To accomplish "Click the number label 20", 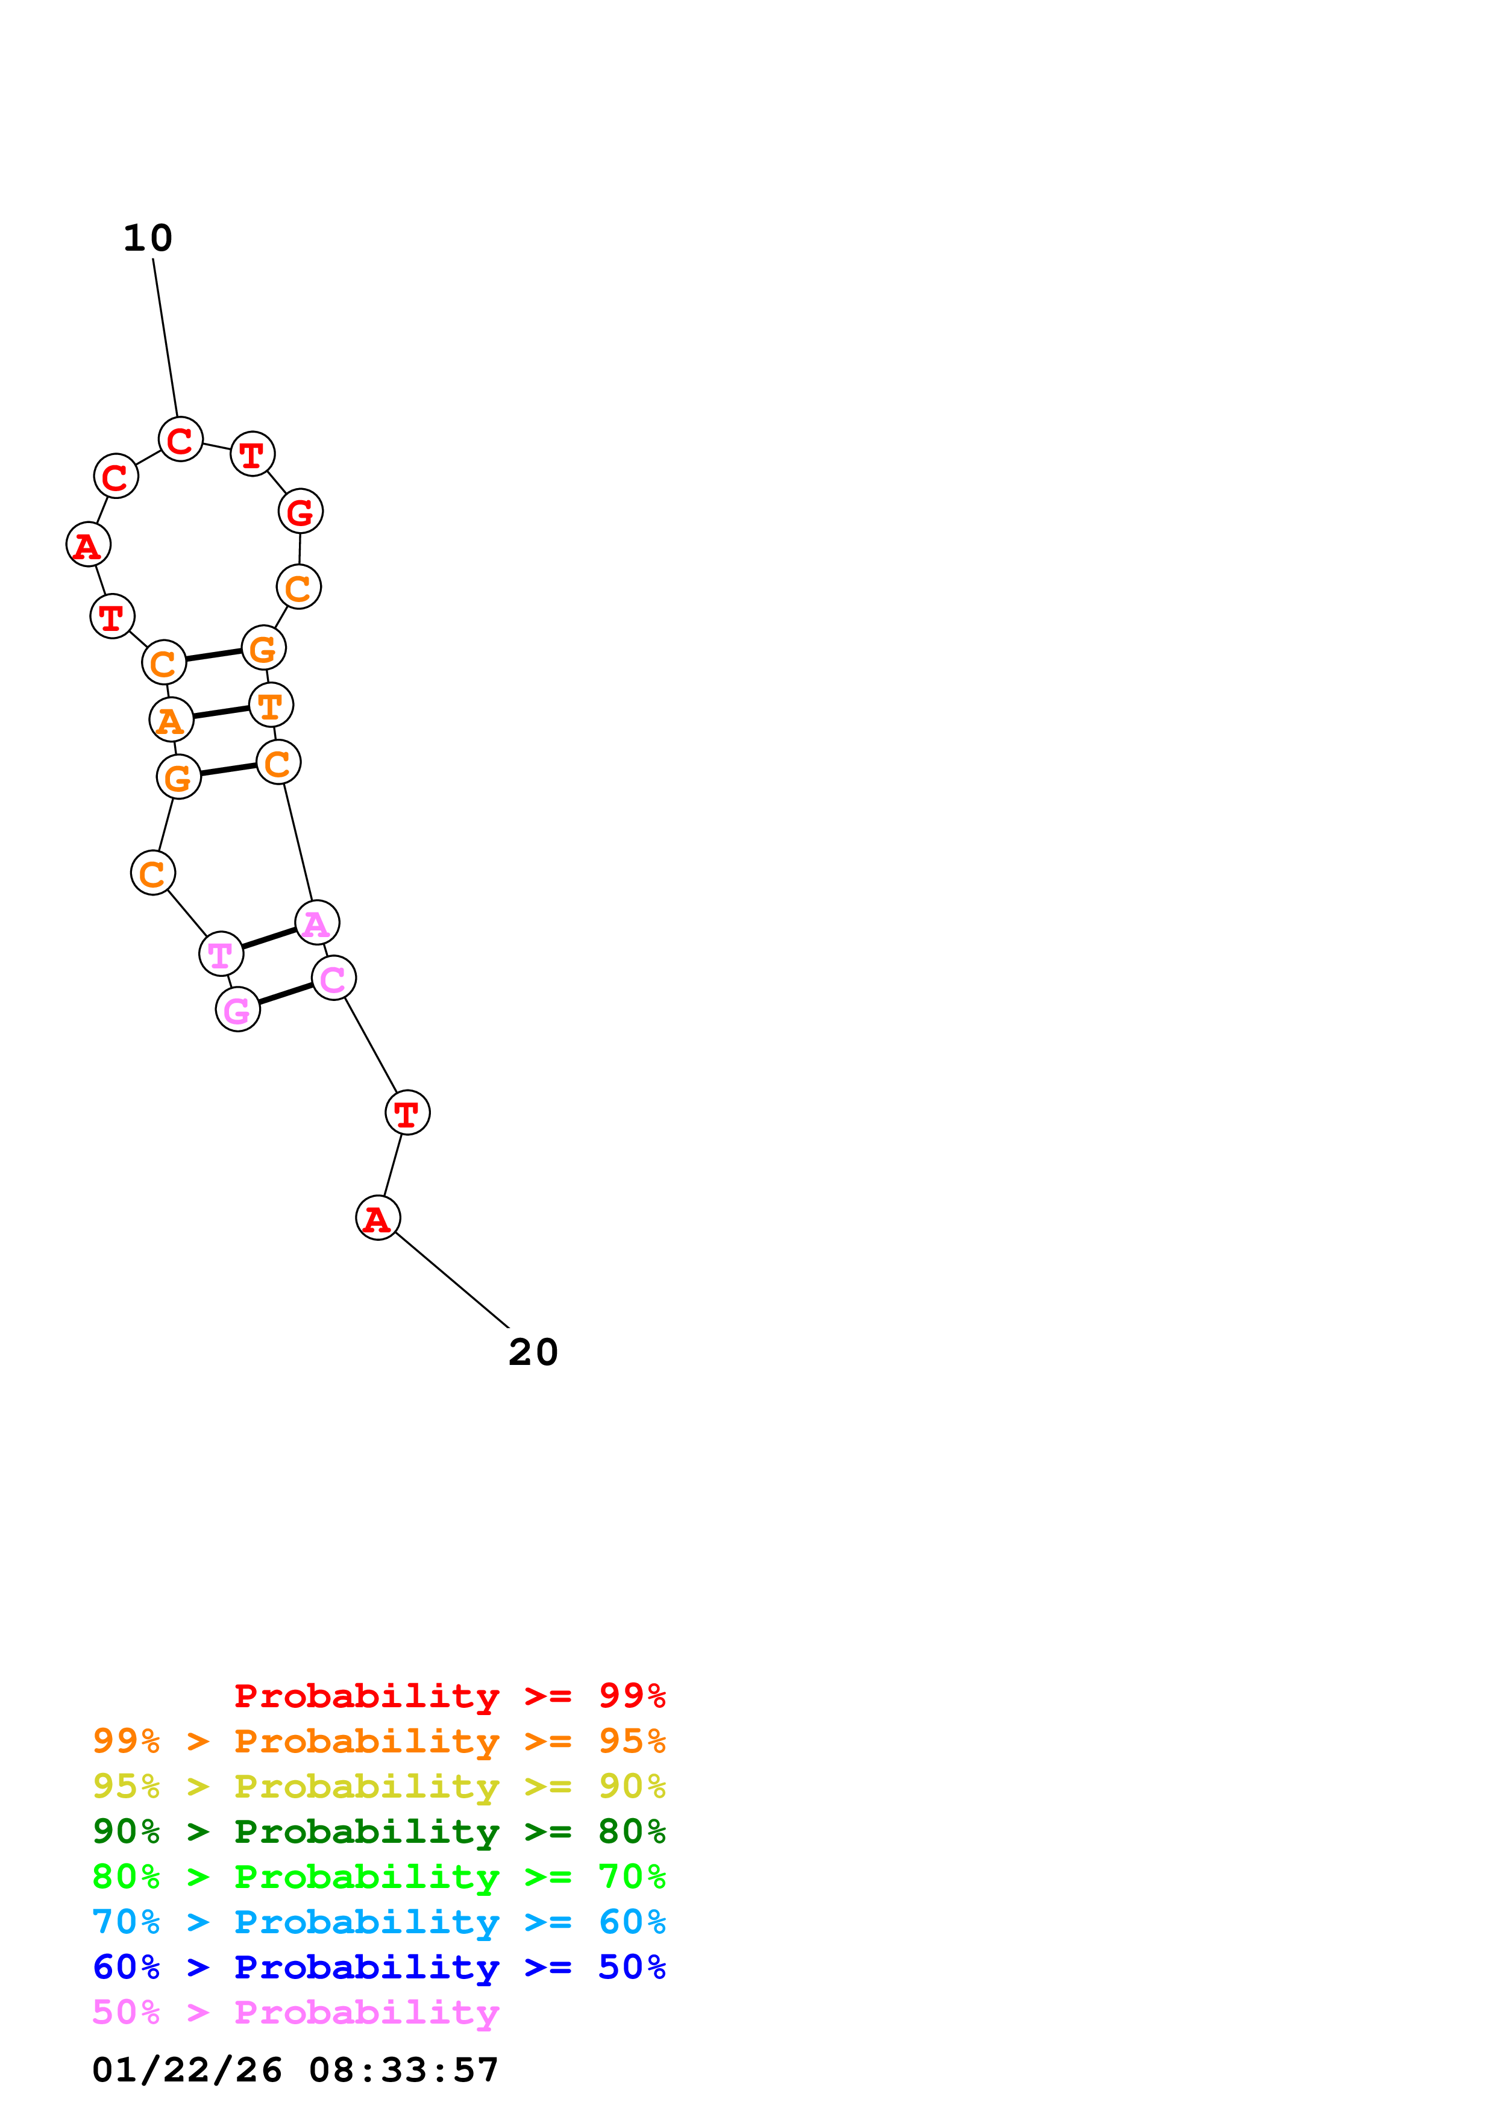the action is (533, 1352).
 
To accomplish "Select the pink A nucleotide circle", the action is (316, 923).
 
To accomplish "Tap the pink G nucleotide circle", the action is (237, 1010).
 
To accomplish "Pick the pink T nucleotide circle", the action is (221, 954).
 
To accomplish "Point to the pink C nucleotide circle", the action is (333, 978).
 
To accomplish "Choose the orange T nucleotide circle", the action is (271, 705).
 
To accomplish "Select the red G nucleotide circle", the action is (300, 511).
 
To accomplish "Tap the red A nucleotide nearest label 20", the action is (377, 1218).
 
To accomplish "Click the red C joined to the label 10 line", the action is (180, 439).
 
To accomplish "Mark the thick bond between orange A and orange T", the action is (221, 713).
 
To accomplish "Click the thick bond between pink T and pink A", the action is (269, 938).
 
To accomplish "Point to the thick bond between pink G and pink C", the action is (285, 994).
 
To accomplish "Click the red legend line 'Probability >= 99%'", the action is (449, 1695).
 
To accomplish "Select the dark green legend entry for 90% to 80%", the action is (378, 1831).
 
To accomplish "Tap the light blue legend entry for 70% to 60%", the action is (378, 1922).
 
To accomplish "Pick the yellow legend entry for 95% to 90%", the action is (378, 1786).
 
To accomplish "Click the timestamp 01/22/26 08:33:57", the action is (295, 2070).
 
